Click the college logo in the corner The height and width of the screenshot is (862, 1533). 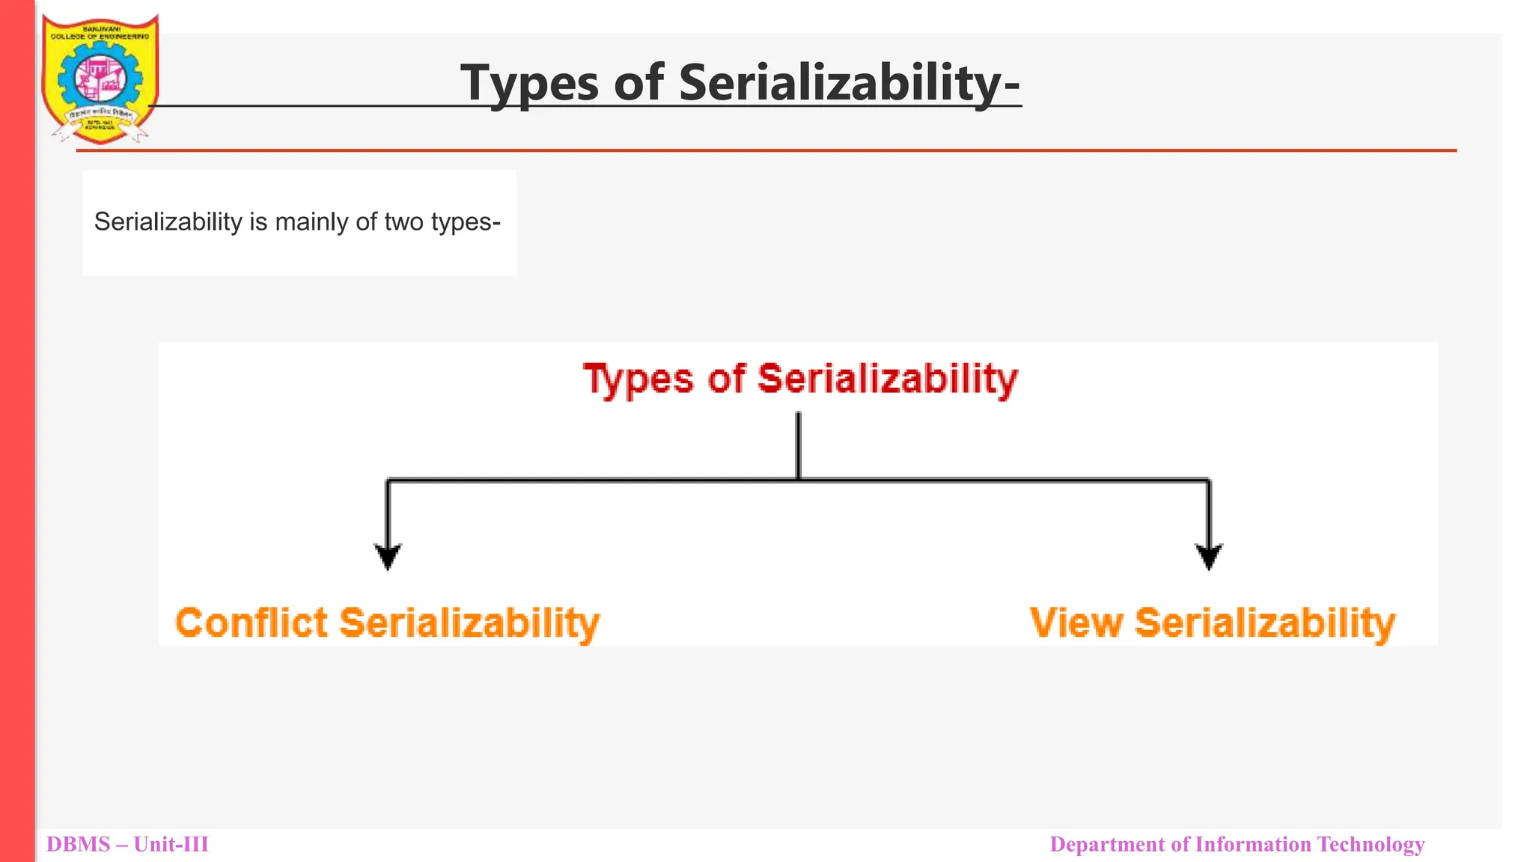tap(100, 79)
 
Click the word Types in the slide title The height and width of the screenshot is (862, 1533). tap(529, 82)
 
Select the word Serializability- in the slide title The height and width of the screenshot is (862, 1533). tap(850, 82)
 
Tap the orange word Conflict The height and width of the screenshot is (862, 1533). tap(252, 623)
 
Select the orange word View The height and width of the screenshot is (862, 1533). tap(1076, 623)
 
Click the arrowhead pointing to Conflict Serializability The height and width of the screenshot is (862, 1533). tap(388, 557)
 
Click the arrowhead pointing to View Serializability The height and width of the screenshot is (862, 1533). tap(1209, 557)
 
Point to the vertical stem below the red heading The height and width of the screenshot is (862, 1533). tap(799, 445)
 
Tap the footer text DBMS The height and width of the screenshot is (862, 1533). tap(78, 845)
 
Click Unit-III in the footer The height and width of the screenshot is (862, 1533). tap(171, 845)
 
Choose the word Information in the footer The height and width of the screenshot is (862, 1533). tap(1253, 845)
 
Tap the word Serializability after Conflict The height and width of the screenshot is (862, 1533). tap(469, 623)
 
